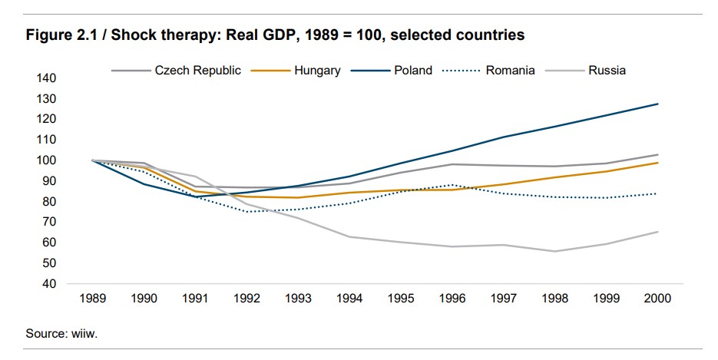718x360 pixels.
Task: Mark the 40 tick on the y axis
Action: coord(50,284)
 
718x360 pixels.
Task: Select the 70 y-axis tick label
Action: coord(50,222)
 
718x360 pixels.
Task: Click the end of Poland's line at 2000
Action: coord(658,104)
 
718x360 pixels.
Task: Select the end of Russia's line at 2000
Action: coord(658,232)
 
